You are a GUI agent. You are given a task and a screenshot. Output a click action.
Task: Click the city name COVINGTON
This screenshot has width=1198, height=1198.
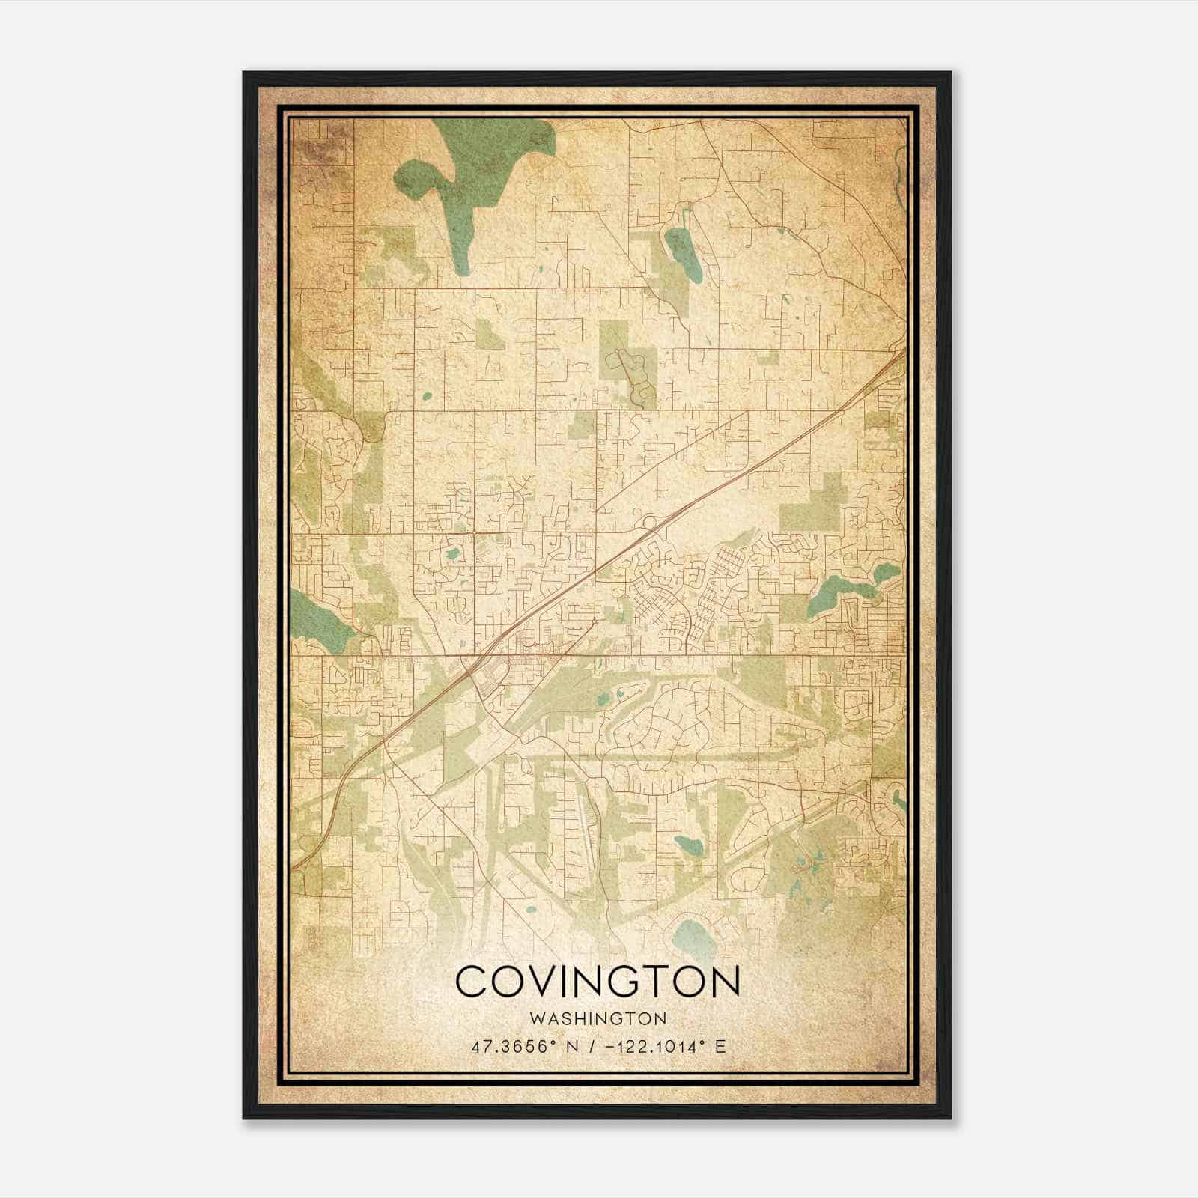pyautogui.click(x=597, y=982)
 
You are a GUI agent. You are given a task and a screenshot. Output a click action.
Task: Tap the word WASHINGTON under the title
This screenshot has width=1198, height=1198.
pyautogui.click(x=597, y=1018)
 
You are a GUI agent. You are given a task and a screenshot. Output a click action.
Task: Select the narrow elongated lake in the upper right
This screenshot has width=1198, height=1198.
pyautogui.click(x=684, y=255)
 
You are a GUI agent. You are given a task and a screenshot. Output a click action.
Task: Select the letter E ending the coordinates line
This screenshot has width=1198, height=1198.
pyautogui.click(x=720, y=1046)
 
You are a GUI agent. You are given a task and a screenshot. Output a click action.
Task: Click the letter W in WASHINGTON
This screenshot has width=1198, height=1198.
pyautogui.click(x=535, y=1018)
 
